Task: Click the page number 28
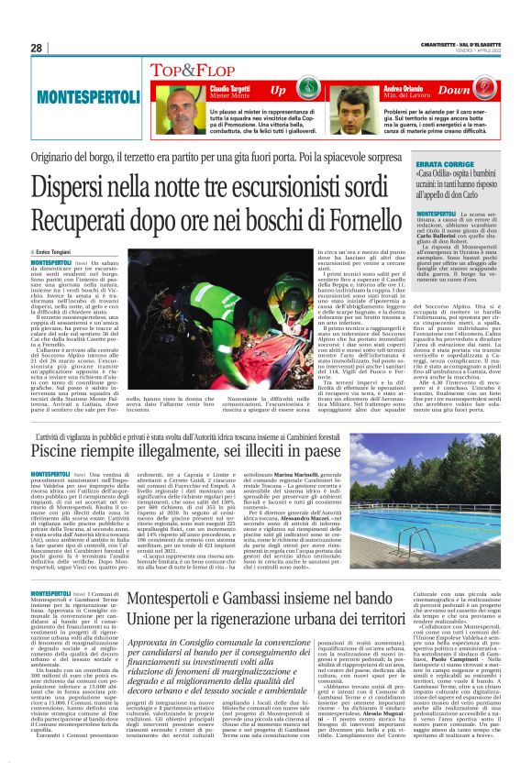pyautogui.click(x=38, y=48)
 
